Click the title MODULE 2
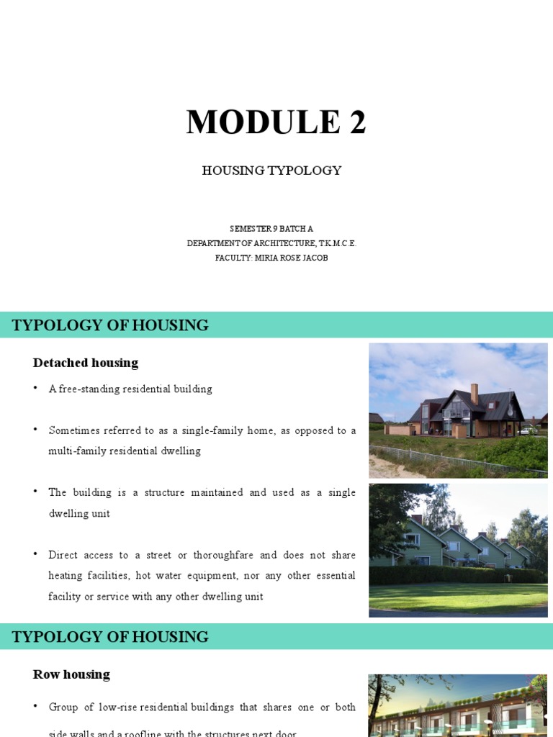click(276, 122)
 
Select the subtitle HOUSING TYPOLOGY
click(271, 171)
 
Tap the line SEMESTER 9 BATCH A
click(271, 229)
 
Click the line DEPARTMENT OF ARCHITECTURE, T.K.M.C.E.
click(271, 243)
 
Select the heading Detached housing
click(86, 363)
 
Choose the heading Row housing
click(71, 674)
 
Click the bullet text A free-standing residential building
click(130, 389)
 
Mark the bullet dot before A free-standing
click(35, 389)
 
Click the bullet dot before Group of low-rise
click(35, 707)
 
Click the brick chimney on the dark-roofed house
click(474, 393)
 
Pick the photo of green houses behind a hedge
click(458, 550)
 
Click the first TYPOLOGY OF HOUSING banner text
click(110, 325)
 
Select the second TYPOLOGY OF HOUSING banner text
click(110, 637)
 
